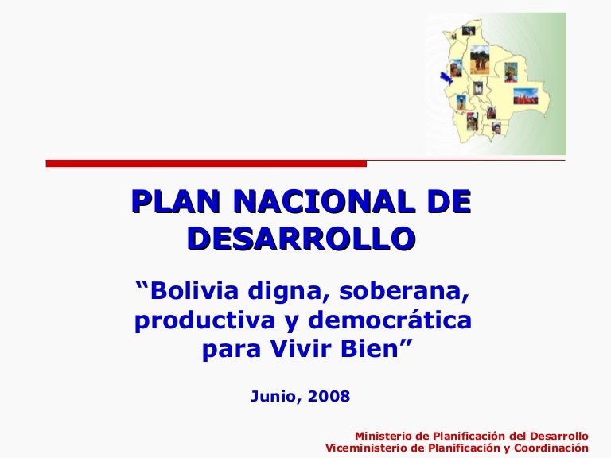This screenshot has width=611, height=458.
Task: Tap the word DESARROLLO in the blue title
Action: (x=302, y=238)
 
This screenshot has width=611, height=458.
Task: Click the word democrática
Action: (x=390, y=320)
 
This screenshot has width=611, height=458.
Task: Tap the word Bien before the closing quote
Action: (x=369, y=348)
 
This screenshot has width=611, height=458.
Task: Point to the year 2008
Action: (x=329, y=396)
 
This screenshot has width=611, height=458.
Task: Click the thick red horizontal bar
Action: (x=206, y=164)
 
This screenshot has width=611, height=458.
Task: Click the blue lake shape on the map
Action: (x=445, y=77)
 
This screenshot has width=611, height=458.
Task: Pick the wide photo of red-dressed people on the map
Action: (x=525, y=96)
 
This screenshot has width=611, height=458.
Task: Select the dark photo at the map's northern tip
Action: (x=469, y=30)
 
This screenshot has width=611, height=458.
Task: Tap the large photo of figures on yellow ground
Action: (x=480, y=60)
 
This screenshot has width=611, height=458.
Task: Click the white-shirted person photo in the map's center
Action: (x=478, y=88)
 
